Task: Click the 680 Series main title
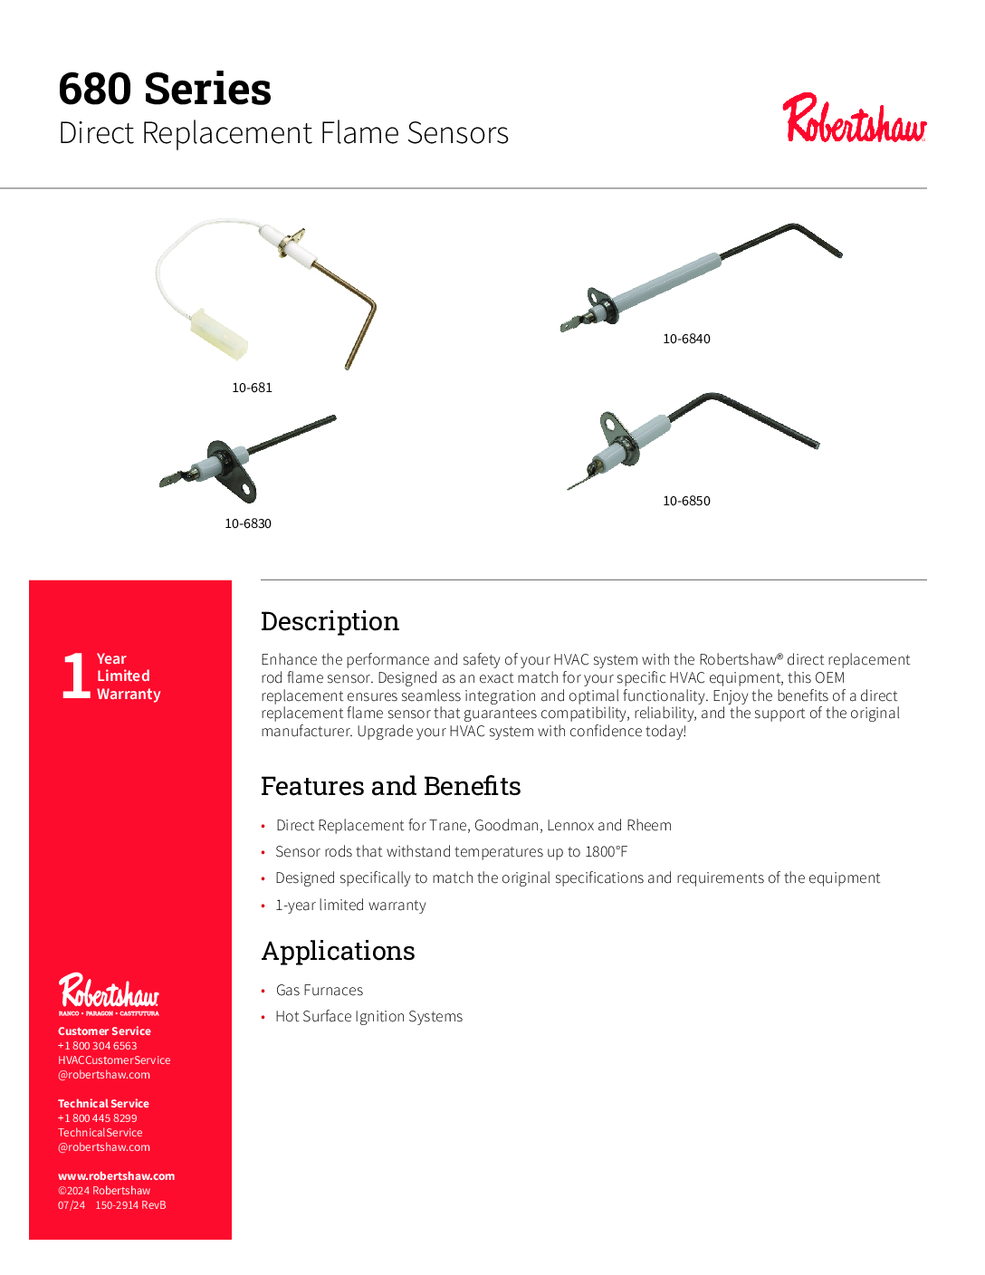pos(165,89)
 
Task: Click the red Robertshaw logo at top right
pos(855,120)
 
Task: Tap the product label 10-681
pos(252,388)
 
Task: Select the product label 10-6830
pos(248,523)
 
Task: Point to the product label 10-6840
pos(686,339)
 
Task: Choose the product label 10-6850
pos(686,501)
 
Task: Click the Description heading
pos(330,621)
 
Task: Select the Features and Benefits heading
pos(390,786)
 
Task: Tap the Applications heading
pos(338,951)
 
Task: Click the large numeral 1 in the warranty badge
pos(75,676)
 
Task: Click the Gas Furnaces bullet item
pos(320,990)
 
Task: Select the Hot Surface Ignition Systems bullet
pos(368,1016)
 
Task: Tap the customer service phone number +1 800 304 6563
pos(98,1046)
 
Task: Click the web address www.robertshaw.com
pos(116,1176)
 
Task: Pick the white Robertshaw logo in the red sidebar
pos(109,992)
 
